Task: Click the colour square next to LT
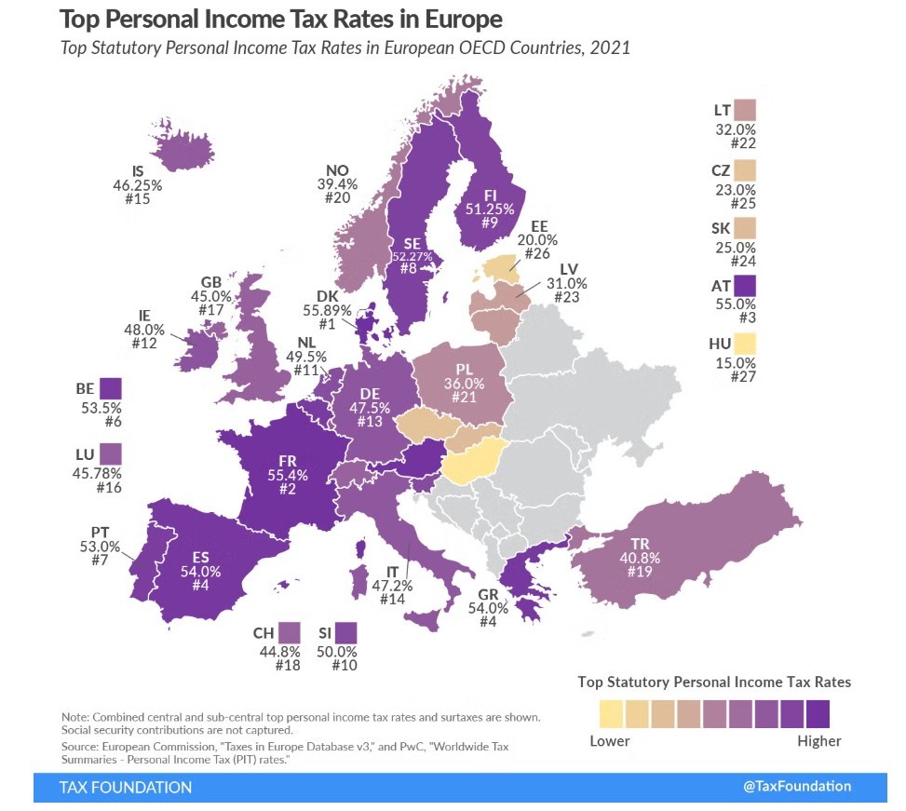pyautogui.click(x=745, y=111)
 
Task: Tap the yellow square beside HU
pyautogui.click(x=745, y=345)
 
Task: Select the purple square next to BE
pyautogui.click(x=112, y=388)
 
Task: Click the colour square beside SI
pyautogui.click(x=346, y=633)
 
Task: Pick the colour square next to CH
pyautogui.click(x=289, y=633)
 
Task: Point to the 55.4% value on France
pyautogui.click(x=289, y=474)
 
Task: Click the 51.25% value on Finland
pyautogui.click(x=489, y=210)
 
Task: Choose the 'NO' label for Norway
pyautogui.click(x=337, y=170)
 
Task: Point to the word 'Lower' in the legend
pyautogui.click(x=610, y=741)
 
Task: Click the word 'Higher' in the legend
pyautogui.click(x=819, y=741)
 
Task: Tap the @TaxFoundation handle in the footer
pyautogui.click(x=797, y=786)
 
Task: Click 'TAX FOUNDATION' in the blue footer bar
pyautogui.click(x=126, y=788)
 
